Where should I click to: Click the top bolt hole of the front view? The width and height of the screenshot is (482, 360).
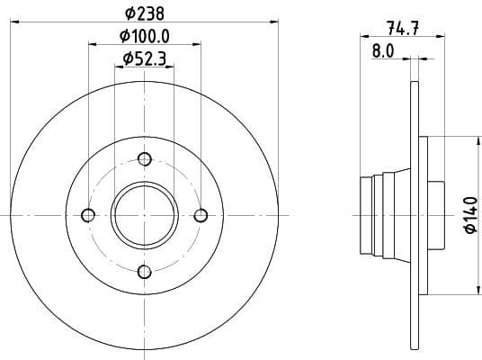click(145, 158)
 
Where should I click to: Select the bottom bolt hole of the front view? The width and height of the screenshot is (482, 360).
click(145, 271)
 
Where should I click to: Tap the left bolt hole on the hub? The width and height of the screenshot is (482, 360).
click(88, 215)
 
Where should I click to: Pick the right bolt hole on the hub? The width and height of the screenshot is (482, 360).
click(201, 215)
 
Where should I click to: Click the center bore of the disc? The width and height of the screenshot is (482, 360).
click(145, 215)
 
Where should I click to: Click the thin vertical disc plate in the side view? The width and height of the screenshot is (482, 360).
click(415, 215)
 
